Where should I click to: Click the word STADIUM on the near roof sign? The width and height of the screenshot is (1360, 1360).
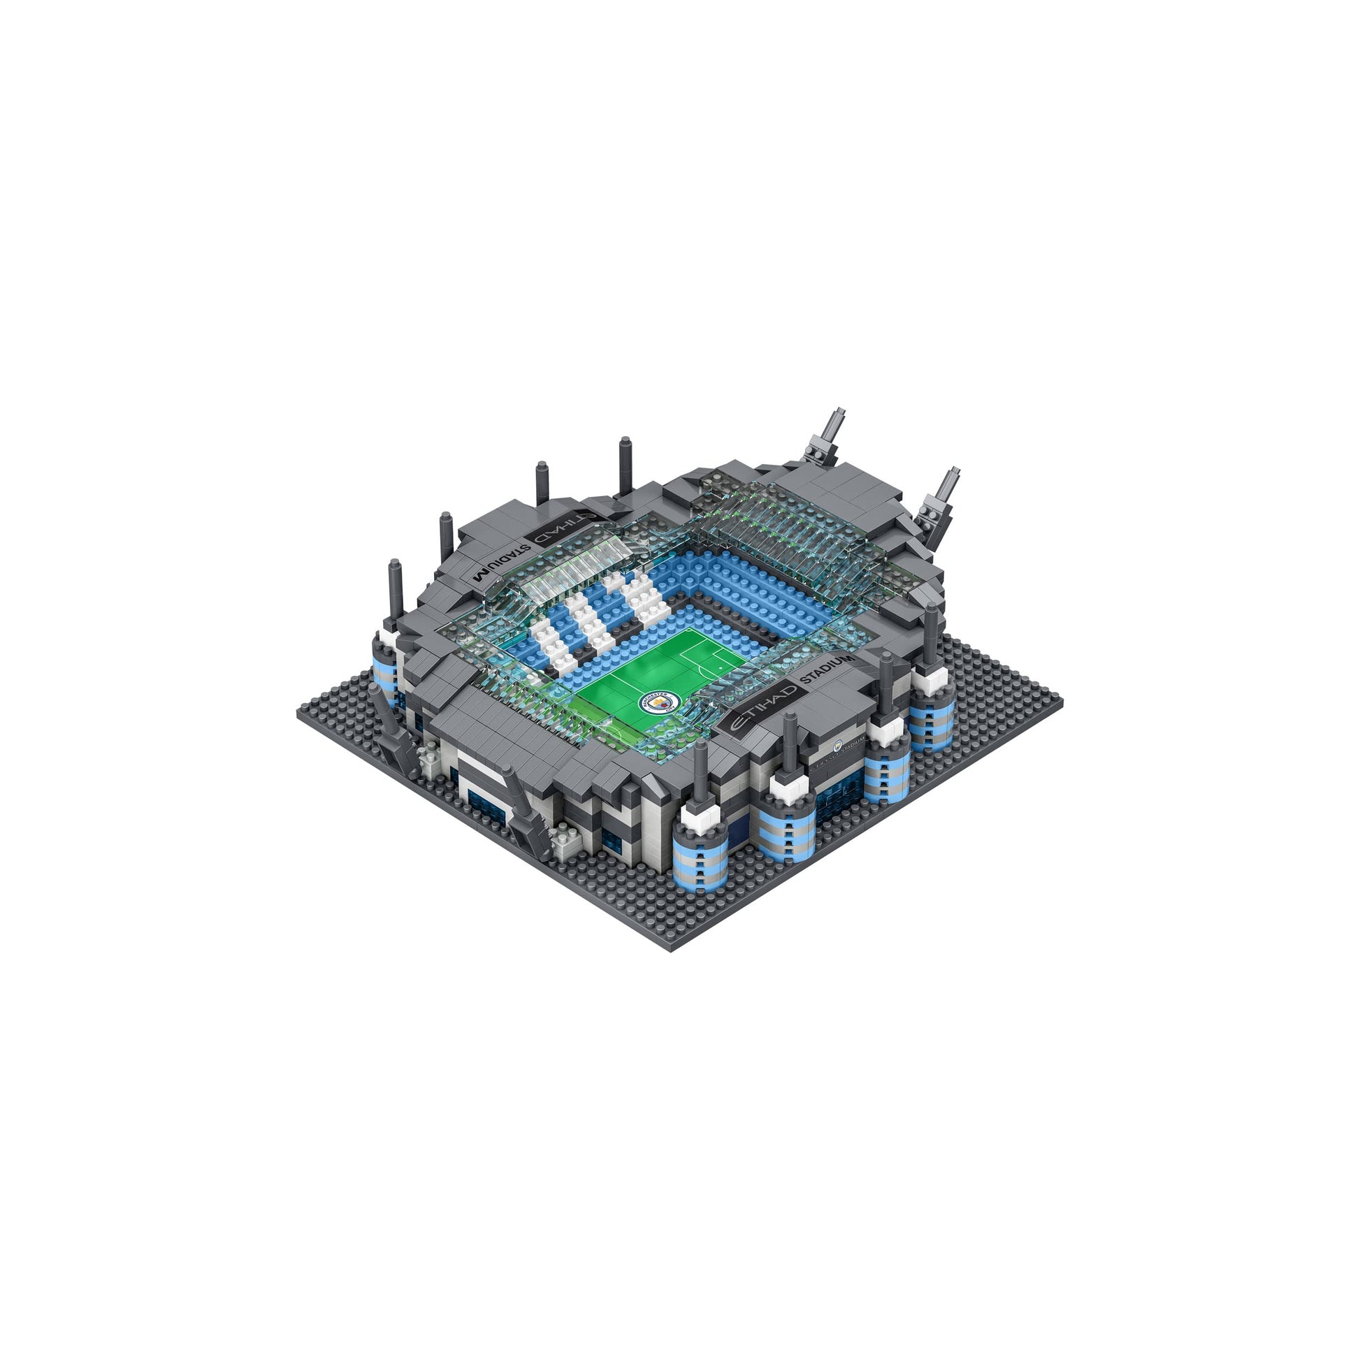coord(828,667)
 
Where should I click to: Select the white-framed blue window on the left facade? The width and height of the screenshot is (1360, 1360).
coord(486,795)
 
